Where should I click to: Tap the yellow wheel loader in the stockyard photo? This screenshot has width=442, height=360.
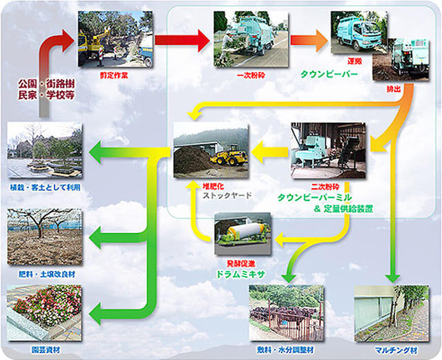(229, 156)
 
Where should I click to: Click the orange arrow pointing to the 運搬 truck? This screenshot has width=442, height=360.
(311, 40)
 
